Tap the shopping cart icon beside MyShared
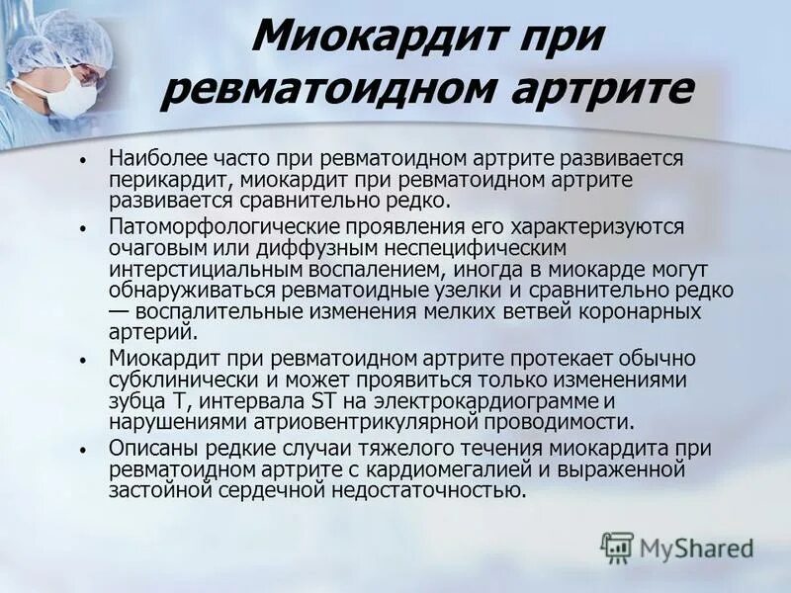click(x=617, y=548)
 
